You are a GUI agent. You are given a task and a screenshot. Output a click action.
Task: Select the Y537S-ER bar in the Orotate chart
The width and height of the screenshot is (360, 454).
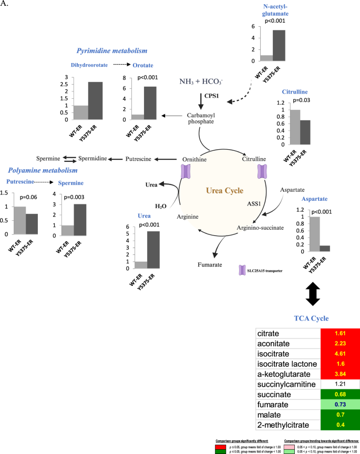click(x=149, y=103)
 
